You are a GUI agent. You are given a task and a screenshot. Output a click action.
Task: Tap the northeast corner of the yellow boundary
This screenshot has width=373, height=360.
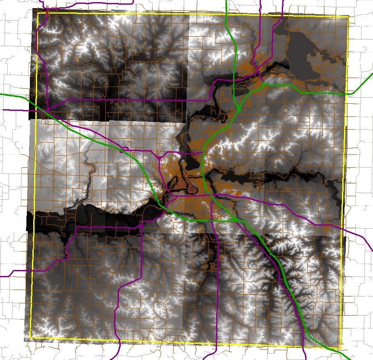[348, 17]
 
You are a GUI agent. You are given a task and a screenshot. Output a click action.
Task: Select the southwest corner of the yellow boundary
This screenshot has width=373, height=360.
[32, 338]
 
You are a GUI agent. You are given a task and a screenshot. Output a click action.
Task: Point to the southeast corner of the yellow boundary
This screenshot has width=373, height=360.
[343, 347]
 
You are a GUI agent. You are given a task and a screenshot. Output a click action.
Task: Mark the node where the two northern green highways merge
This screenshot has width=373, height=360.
[240, 110]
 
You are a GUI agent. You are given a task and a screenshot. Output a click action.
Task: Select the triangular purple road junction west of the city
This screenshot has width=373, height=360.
[159, 157]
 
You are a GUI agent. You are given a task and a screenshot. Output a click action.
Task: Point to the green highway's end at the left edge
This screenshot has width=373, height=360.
[1, 94]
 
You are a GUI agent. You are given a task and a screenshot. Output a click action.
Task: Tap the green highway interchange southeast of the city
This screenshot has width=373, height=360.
[235, 220]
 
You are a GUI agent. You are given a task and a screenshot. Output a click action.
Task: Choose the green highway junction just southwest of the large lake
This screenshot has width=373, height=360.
[264, 84]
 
